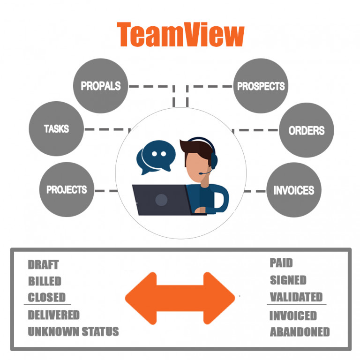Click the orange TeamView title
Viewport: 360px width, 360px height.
point(180,35)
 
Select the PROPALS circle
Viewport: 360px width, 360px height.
point(100,86)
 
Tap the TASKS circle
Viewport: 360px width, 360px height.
point(56,128)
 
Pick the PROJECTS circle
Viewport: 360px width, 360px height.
point(67,190)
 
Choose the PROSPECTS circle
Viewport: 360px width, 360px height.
point(261,86)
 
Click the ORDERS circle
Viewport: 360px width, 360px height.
point(307,131)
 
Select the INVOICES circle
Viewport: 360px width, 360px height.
point(294,190)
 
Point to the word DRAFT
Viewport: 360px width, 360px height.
point(43,265)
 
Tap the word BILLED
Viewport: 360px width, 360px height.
point(45,281)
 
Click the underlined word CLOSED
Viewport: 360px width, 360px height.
point(46,298)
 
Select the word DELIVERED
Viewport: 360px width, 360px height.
point(54,315)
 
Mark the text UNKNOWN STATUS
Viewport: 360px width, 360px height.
point(73,332)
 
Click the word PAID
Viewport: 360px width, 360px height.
point(281,263)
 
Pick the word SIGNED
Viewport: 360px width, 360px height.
point(288,280)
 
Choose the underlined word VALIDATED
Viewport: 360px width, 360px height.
point(296,297)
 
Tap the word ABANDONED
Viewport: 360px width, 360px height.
point(300,332)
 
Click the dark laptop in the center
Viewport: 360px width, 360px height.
point(161,200)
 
